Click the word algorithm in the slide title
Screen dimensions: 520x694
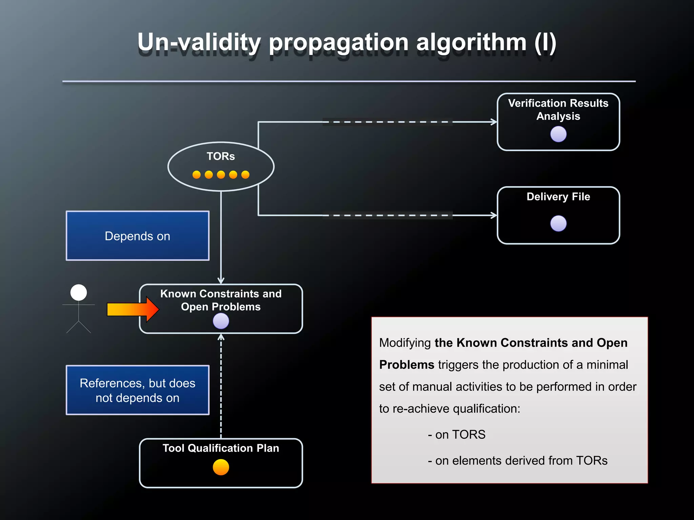(x=471, y=43)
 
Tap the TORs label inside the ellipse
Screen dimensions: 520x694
(x=221, y=156)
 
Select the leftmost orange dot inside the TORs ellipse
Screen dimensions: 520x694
(x=197, y=175)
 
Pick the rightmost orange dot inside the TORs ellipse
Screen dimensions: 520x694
(x=245, y=175)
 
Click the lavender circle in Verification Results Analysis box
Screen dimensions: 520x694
(x=558, y=134)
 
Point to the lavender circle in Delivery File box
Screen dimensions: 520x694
(x=558, y=223)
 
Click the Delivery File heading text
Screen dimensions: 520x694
(x=558, y=197)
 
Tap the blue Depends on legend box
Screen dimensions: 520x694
(x=137, y=236)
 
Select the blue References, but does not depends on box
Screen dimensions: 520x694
(x=137, y=390)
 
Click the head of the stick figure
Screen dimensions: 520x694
(x=79, y=292)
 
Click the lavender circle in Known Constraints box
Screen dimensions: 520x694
(x=221, y=321)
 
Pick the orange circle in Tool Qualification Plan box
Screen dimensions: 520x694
(x=221, y=467)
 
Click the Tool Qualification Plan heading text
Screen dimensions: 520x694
(x=221, y=448)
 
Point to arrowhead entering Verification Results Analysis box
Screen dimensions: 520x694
(x=494, y=122)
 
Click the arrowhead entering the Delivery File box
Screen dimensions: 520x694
(x=494, y=215)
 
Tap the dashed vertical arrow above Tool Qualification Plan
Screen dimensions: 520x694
(x=221, y=386)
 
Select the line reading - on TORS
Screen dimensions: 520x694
(x=456, y=435)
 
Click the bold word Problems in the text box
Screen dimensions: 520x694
(x=406, y=365)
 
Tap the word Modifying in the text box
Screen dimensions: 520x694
(x=405, y=343)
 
